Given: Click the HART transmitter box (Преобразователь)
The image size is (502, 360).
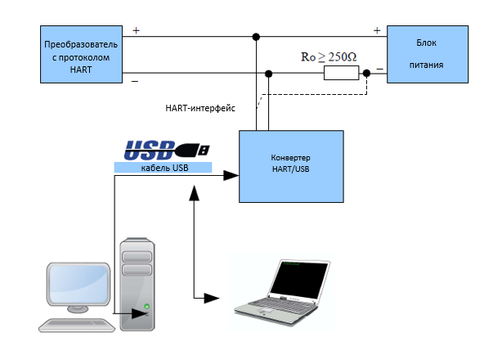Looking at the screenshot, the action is (x=81, y=55).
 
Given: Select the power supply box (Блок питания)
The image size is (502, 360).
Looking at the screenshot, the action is (x=428, y=55).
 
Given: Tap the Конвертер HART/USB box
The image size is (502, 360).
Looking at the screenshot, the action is (x=291, y=167).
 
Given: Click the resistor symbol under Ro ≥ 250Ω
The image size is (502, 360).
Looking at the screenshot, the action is (x=341, y=73).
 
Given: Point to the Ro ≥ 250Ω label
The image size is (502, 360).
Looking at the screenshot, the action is (x=329, y=57).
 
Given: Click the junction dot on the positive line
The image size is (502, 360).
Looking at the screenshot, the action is (x=256, y=37).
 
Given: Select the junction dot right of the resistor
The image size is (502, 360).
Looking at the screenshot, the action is (x=366, y=74).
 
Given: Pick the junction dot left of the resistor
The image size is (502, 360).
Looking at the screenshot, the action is (x=269, y=74).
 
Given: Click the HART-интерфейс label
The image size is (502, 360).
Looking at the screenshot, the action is (x=200, y=108).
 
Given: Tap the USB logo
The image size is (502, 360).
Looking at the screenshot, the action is (x=167, y=150).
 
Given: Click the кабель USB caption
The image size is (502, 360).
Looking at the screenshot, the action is (x=164, y=168).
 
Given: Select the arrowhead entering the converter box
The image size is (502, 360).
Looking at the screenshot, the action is (x=231, y=175).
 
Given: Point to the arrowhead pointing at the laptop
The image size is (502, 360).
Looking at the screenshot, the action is (x=212, y=298).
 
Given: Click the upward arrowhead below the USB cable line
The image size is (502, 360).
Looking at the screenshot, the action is (x=194, y=193).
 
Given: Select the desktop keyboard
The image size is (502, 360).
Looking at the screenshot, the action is (x=77, y=325).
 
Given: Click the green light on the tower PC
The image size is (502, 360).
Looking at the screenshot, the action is (x=146, y=306).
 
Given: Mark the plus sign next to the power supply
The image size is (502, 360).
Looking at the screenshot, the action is (x=377, y=30).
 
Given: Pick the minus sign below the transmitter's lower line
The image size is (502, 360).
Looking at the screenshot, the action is (x=135, y=82).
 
